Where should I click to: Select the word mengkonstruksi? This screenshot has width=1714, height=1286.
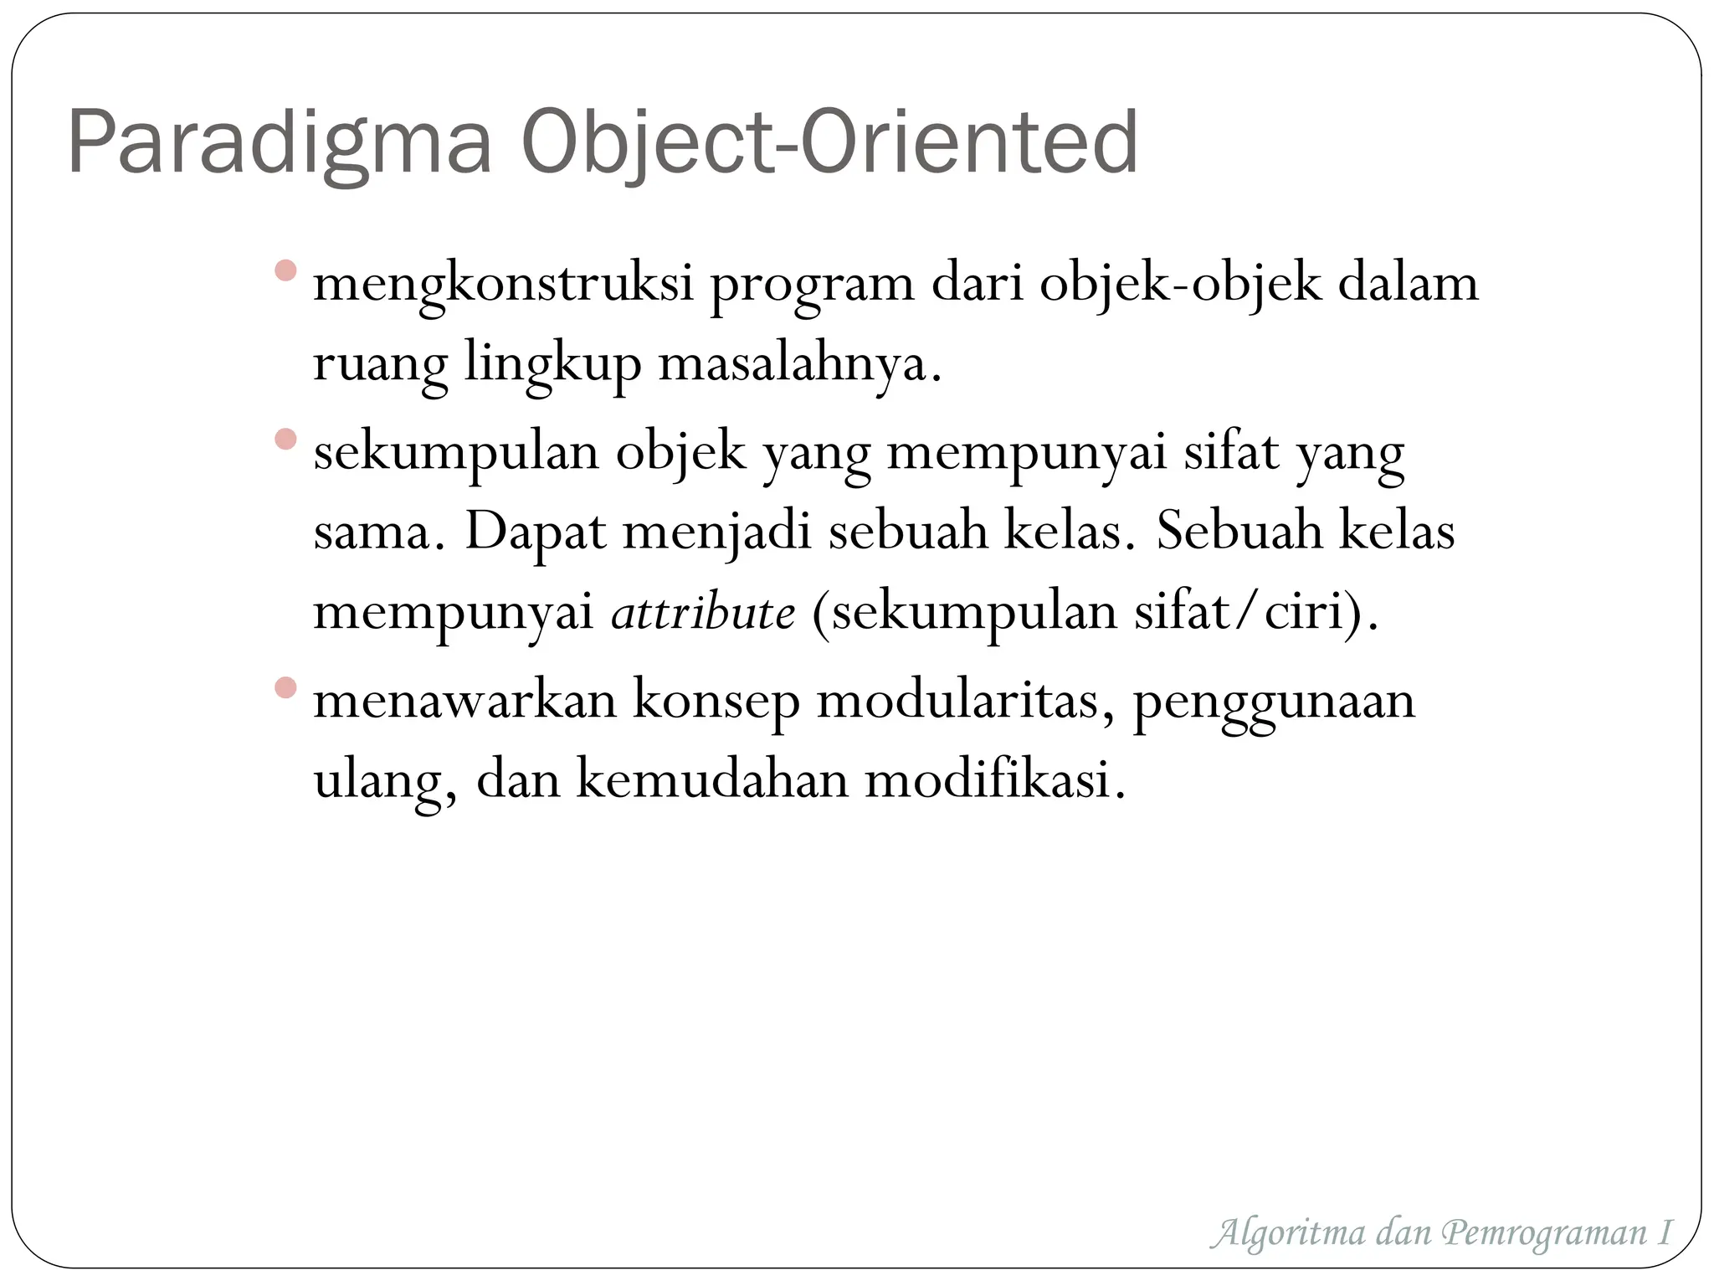pos(503,285)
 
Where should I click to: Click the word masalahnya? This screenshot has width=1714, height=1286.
pos(799,365)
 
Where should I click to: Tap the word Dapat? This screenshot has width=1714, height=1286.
pos(535,532)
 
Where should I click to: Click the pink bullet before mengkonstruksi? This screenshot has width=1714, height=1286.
pos(285,270)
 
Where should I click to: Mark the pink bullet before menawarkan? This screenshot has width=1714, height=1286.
pos(285,687)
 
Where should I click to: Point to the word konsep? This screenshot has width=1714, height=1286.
pos(716,702)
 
